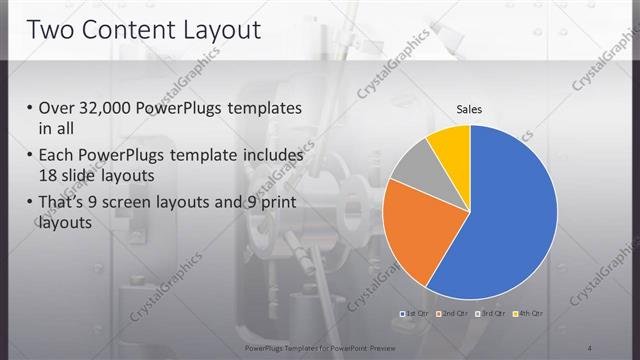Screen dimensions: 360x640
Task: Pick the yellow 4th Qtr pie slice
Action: pos(450,144)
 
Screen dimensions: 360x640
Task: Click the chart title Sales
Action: pos(470,108)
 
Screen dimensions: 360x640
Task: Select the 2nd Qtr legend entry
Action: pos(453,314)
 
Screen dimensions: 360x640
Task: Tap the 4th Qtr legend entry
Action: pos(529,314)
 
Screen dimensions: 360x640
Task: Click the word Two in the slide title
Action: pos(51,29)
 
